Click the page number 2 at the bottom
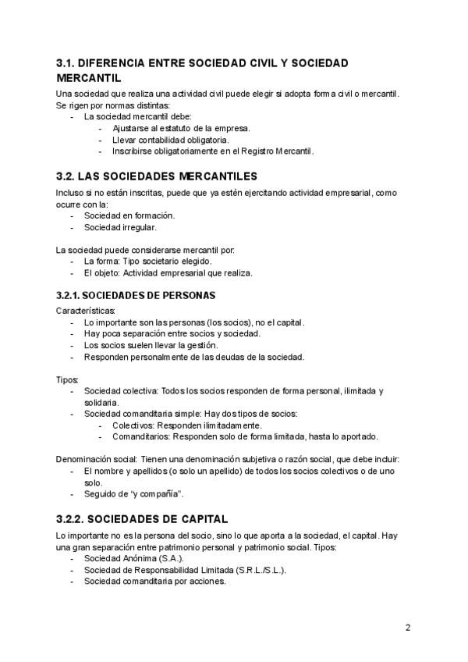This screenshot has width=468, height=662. (407, 627)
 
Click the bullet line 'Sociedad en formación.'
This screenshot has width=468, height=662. (129, 215)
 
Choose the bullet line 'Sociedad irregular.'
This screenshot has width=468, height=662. (120, 227)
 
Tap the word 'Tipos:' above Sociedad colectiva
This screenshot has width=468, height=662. (68, 378)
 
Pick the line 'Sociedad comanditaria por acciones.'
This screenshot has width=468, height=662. (155, 581)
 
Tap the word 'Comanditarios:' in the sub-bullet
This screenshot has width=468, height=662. (141, 436)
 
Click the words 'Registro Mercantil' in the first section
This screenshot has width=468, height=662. (281, 151)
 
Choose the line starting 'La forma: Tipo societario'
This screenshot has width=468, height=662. (147, 262)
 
